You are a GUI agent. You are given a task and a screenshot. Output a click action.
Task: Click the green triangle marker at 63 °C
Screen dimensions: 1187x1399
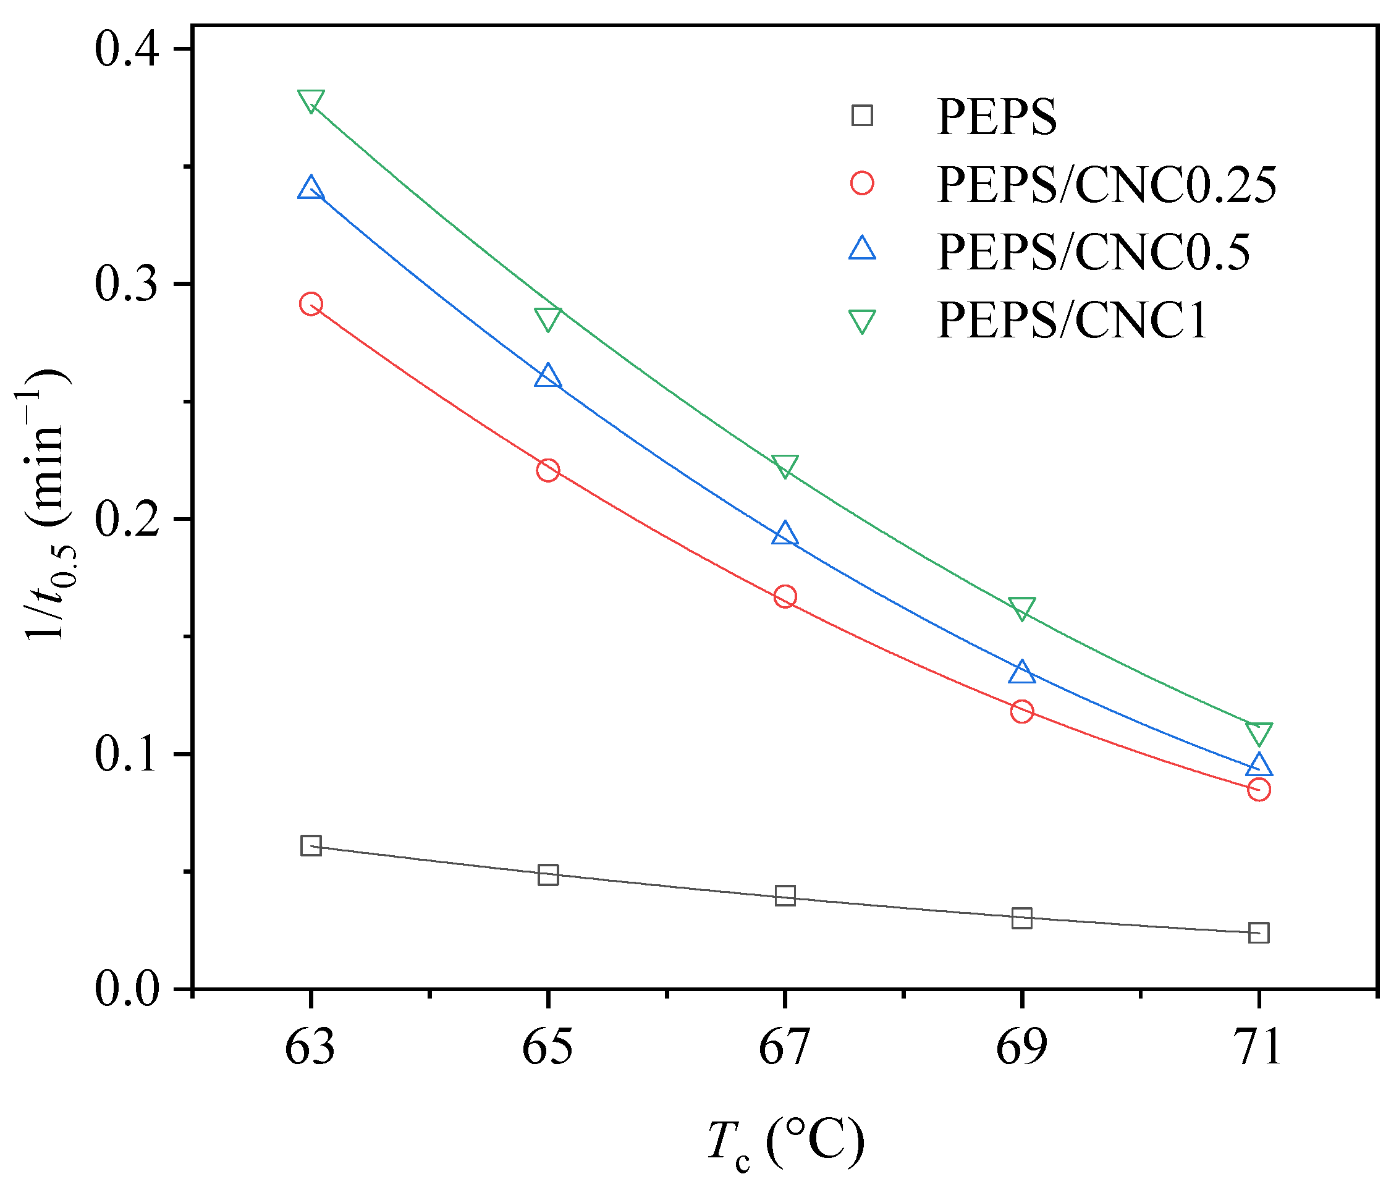point(311,101)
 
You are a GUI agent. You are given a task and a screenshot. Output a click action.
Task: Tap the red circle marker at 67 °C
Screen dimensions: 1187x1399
point(785,596)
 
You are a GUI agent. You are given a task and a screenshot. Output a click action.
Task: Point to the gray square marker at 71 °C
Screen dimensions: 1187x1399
point(1258,932)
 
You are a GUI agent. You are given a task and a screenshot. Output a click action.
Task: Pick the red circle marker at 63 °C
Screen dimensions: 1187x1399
point(311,304)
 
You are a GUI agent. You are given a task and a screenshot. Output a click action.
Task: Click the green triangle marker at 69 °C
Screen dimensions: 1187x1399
point(1021,608)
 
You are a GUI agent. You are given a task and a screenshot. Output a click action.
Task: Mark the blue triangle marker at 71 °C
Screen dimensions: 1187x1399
point(1258,765)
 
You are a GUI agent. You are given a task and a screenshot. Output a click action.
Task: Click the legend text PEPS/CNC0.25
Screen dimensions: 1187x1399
point(1105,184)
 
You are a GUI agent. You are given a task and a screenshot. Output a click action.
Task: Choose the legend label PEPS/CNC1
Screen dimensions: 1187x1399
point(1071,320)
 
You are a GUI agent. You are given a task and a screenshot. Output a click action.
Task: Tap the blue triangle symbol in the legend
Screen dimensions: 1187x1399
point(862,248)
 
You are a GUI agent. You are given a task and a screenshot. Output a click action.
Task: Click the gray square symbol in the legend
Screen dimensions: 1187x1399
point(862,116)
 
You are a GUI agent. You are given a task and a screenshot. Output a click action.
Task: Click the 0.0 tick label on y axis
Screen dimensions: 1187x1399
point(127,989)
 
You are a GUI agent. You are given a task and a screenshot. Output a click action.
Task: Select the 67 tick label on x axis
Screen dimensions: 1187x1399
point(785,1047)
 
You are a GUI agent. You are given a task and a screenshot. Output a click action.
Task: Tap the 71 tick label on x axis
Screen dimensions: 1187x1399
point(1258,1047)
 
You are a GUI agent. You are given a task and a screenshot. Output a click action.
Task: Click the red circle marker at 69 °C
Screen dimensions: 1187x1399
point(1021,711)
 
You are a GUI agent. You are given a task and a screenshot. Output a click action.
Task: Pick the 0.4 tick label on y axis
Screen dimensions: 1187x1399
point(127,49)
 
